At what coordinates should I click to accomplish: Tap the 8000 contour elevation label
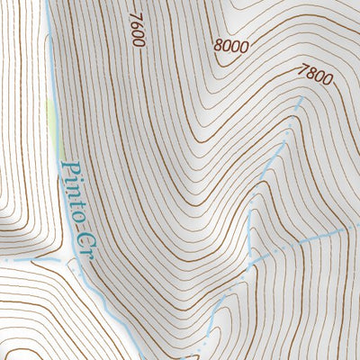pyautogui.click(x=230, y=44)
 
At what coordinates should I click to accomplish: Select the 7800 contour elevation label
pyautogui.click(x=314, y=76)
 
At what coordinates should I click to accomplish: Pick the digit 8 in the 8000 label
pyautogui.click(x=220, y=41)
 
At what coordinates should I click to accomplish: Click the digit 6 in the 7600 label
pyautogui.click(x=136, y=25)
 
